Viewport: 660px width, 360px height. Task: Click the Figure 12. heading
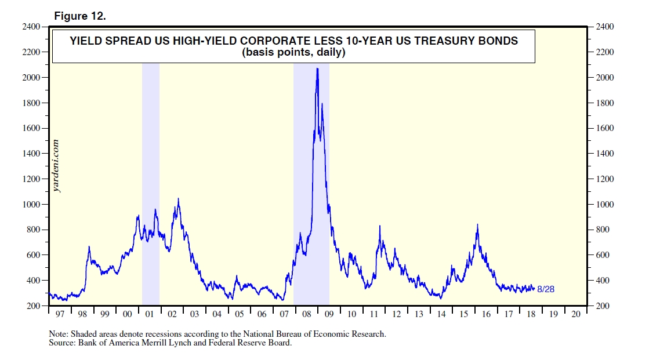point(80,16)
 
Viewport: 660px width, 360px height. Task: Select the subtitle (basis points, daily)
point(293,53)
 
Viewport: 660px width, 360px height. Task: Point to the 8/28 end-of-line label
point(546,289)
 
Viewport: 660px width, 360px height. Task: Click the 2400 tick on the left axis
point(31,27)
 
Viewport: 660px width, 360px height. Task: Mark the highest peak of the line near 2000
point(317,68)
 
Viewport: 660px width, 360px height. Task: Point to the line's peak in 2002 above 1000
point(179,199)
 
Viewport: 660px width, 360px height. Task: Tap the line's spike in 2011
point(380,226)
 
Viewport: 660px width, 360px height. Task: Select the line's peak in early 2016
point(477,224)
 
